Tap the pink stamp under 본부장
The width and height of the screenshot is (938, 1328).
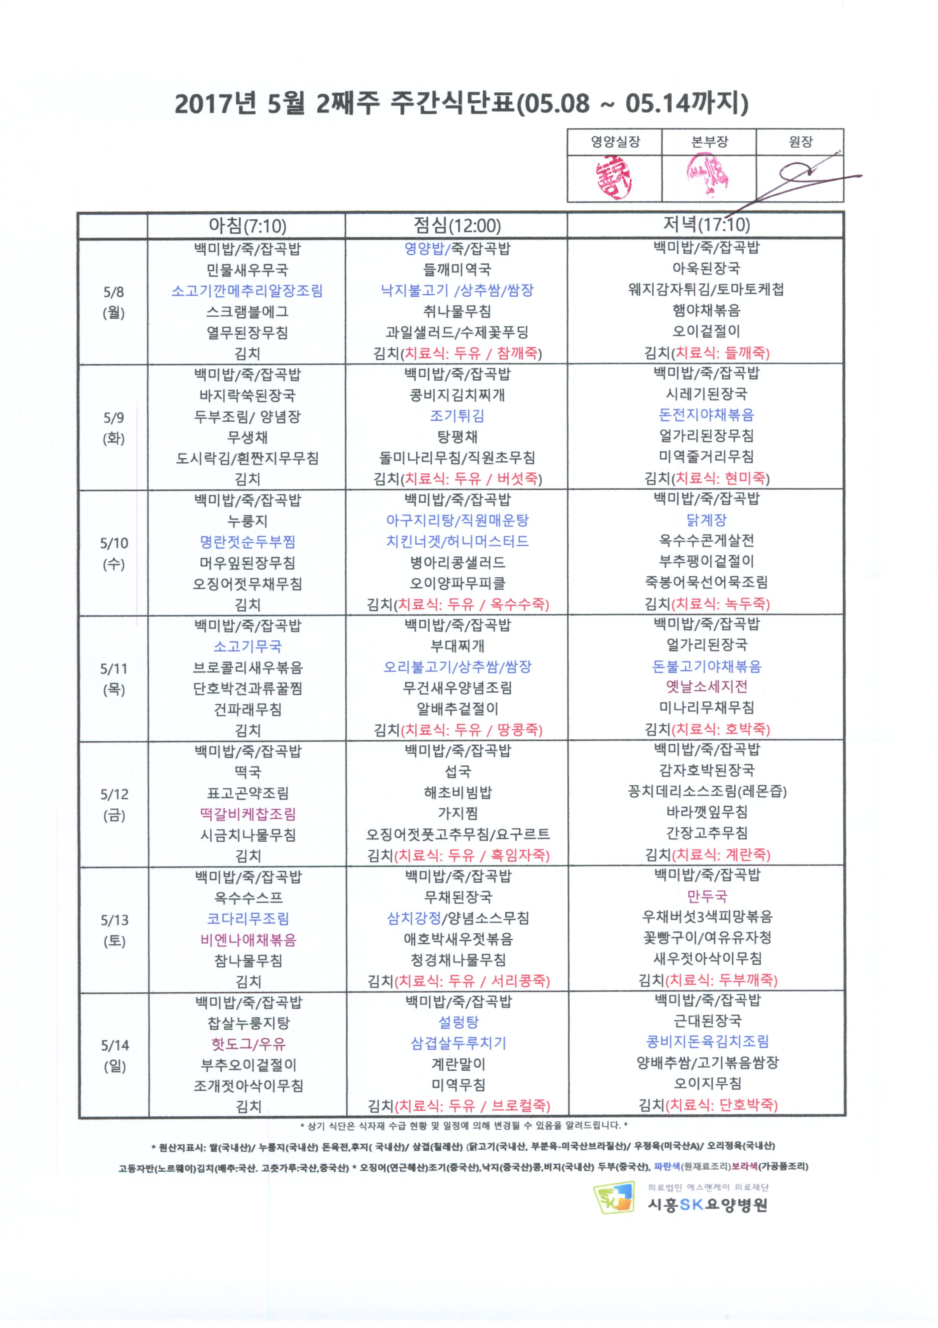(707, 176)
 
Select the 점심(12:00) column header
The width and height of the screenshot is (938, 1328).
(457, 225)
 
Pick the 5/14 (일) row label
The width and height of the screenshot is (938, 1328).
(115, 1055)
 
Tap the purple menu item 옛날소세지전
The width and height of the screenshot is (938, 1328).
(706, 687)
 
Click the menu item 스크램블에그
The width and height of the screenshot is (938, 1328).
(247, 312)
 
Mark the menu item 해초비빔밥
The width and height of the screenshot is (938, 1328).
(458, 792)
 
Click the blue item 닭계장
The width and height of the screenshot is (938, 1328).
(706, 520)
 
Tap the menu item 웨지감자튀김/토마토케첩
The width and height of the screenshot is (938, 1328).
(706, 289)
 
